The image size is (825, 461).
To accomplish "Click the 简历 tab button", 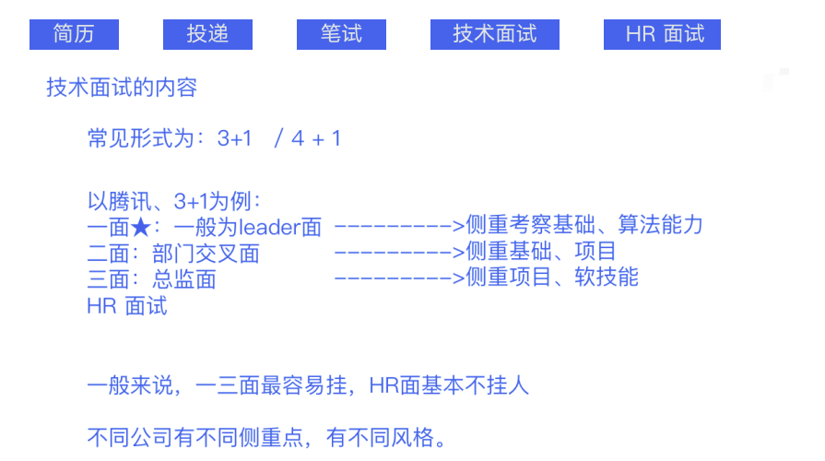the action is point(74,34).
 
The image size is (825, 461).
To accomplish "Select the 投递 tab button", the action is point(207,34).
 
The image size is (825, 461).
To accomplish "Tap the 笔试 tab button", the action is point(341,34).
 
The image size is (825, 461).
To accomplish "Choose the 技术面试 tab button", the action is point(495,34).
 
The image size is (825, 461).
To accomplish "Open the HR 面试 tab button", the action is point(662,34).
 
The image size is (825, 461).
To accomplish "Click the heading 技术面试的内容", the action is point(122,89).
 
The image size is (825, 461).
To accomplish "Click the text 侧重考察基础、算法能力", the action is point(584,225).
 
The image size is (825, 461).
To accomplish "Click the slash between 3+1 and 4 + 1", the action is point(277,139).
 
